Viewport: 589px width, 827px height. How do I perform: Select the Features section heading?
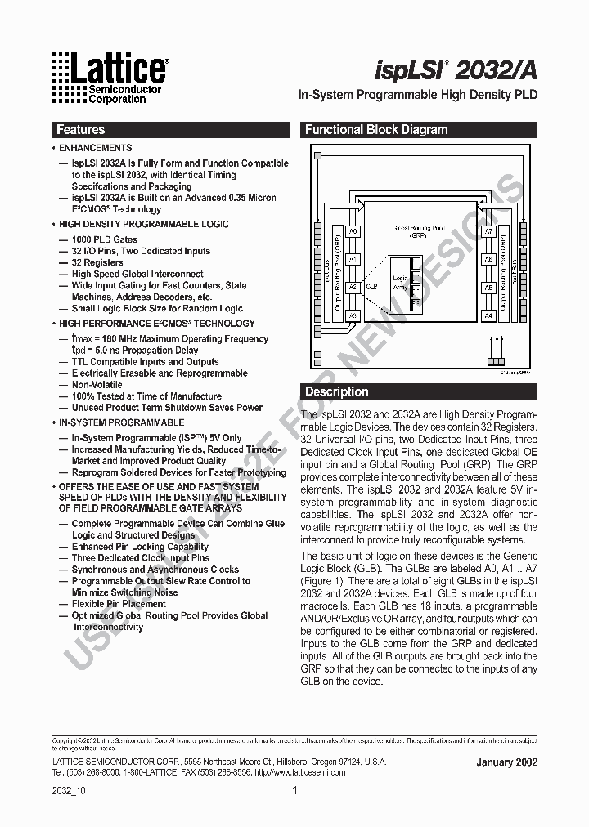(80, 129)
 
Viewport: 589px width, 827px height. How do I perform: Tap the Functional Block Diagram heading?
(376, 129)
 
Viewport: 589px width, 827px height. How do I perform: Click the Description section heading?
(337, 391)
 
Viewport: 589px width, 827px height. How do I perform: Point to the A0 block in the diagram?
(353, 232)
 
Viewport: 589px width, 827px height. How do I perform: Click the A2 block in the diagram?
(353, 288)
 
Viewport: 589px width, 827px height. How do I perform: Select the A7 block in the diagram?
(488, 232)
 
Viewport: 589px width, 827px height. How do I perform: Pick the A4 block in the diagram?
(488, 315)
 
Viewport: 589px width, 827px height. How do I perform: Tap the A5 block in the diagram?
(488, 288)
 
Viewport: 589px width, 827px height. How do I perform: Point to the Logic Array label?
(400, 283)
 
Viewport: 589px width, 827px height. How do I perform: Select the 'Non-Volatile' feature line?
(97, 384)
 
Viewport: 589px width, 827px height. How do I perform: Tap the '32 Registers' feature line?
(97, 262)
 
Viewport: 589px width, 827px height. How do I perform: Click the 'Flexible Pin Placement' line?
(119, 604)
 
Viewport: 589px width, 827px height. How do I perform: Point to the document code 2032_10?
(69, 791)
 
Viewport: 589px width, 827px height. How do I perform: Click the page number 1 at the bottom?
(294, 791)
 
